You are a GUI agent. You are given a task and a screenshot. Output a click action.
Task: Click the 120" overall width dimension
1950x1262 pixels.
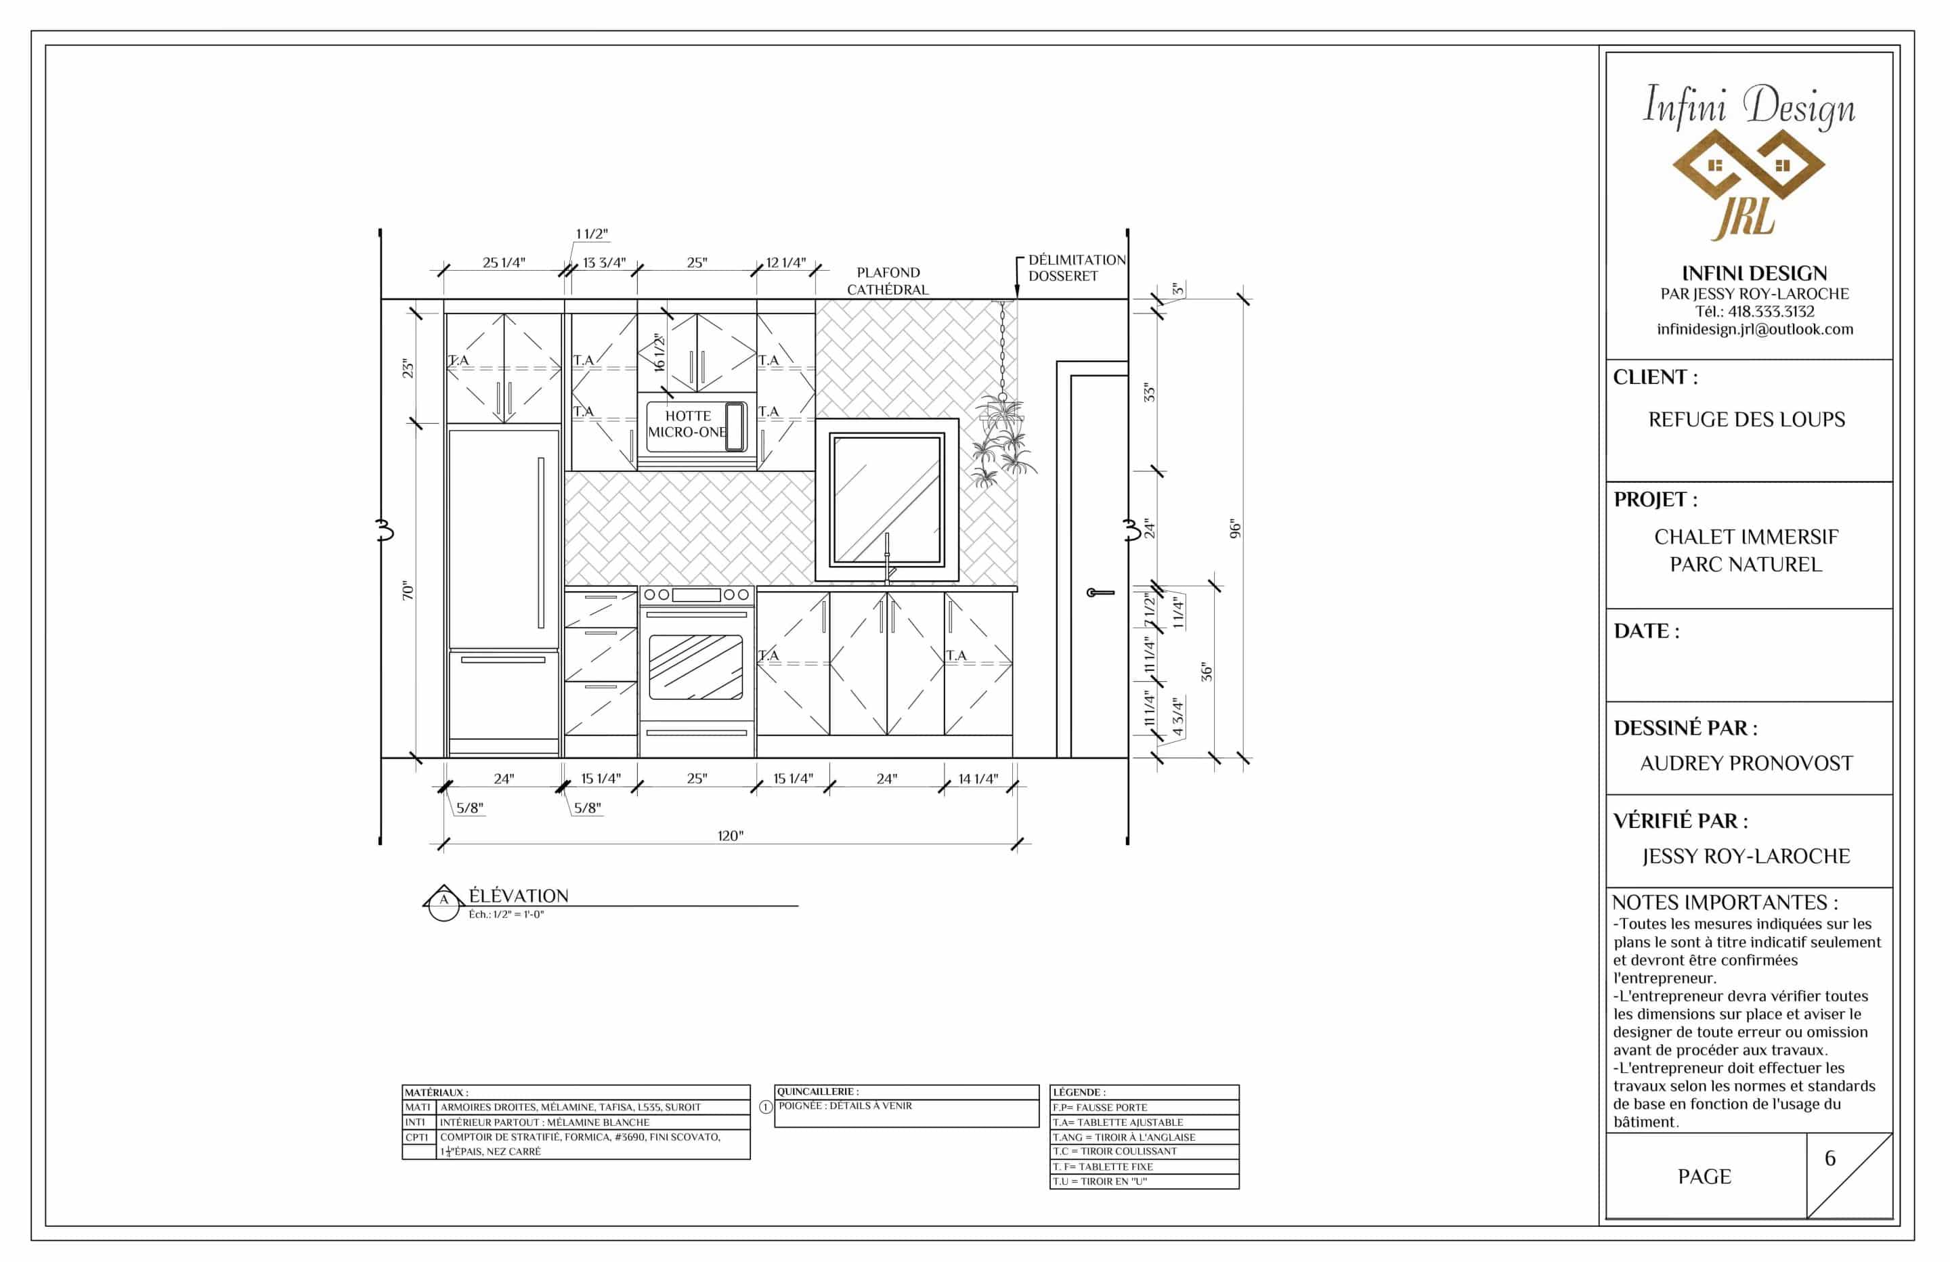[730, 836]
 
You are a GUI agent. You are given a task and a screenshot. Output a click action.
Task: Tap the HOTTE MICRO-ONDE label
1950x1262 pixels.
[687, 424]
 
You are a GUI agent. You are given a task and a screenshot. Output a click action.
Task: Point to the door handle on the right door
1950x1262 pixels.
[1100, 592]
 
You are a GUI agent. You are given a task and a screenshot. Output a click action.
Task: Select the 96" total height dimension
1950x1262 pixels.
[1236, 529]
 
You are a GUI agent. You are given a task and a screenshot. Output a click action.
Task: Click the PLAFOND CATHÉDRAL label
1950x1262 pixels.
[888, 281]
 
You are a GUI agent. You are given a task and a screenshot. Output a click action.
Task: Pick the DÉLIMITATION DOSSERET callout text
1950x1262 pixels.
[1077, 268]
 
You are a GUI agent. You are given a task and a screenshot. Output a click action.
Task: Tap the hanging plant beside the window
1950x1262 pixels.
[1003, 443]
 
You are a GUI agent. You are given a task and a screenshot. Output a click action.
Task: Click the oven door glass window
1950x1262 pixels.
[695, 667]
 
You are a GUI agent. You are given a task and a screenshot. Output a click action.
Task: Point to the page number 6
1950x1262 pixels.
[1830, 1158]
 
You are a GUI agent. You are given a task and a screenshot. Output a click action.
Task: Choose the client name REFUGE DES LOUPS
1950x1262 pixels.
[1747, 420]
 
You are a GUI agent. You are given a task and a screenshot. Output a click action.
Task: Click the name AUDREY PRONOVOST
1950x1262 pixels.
[1747, 763]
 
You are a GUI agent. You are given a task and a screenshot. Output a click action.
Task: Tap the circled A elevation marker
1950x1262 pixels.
[444, 903]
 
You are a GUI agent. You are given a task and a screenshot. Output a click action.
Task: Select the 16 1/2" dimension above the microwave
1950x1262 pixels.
[659, 352]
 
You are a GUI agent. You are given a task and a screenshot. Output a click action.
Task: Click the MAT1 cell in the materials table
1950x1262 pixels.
[418, 1107]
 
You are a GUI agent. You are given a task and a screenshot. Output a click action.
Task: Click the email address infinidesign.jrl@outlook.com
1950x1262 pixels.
[1755, 330]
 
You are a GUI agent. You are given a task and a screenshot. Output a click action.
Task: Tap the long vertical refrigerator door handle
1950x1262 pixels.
[541, 542]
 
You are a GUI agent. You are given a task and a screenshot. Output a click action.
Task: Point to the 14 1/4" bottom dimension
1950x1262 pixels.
[978, 779]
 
